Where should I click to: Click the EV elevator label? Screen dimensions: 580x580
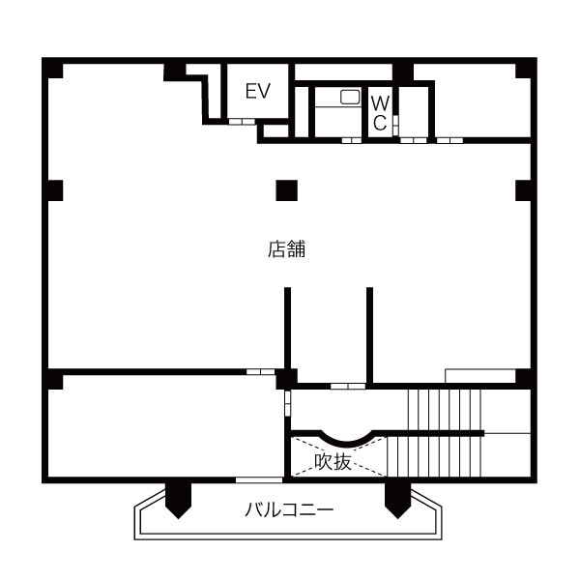[x=258, y=91]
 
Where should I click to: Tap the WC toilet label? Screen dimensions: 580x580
[x=380, y=113]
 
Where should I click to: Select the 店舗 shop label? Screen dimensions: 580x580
[x=287, y=249]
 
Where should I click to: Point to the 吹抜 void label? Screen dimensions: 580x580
[x=333, y=462]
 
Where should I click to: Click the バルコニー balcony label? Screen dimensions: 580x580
[x=289, y=509]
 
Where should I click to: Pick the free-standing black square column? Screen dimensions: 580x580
[x=287, y=190]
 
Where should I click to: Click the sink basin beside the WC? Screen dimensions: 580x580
[x=350, y=97]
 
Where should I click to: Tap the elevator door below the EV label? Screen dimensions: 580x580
[x=242, y=122]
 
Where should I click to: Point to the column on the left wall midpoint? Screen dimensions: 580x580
[x=55, y=190]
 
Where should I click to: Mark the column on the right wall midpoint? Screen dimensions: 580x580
[x=523, y=190]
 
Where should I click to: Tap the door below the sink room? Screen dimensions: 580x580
[x=352, y=140]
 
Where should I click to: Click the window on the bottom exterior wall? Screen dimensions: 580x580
[x=259, y=479]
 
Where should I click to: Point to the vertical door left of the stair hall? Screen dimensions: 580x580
[x=288, y=403]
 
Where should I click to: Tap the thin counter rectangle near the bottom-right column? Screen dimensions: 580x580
[x=480, y=376]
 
